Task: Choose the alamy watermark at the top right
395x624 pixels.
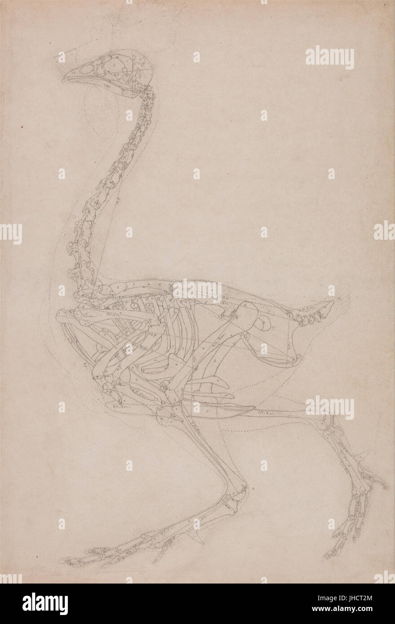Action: click(329, 57)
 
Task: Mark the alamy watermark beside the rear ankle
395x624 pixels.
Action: click(329, 408)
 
